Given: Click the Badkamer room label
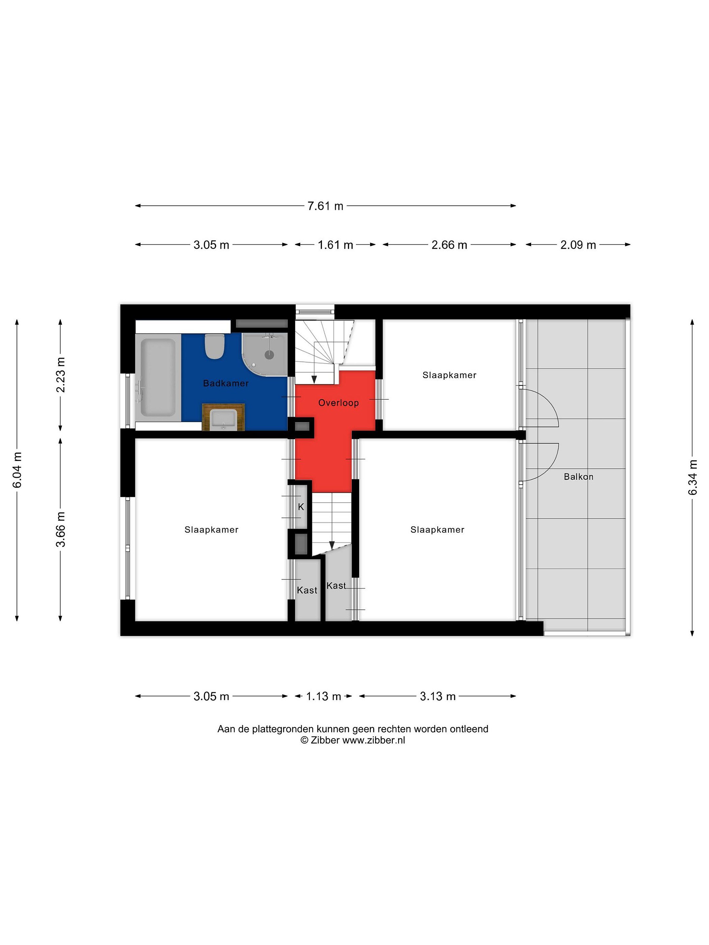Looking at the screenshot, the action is pyautogui.click(x=226, y=383).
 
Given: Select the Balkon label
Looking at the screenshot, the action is pyautogui.click(x=579, y=477).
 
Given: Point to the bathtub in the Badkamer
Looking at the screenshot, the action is pyautogui.click(x=158, y=377).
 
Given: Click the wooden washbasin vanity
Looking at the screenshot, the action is pyautogui.click(x=224, y=417).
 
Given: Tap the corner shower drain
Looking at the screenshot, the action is pyautogui.click(x=269, y=354).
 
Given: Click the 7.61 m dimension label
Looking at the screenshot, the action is pyautogui.click(x=325, y=206).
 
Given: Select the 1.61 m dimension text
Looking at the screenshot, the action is pyautogui.click(x=335, y=245).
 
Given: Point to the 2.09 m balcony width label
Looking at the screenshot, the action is pyautogui.click(x=578, y=245).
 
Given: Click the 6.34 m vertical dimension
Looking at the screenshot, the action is pyautogui.click(x=692, y=477).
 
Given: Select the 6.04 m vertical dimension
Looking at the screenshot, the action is pyautogui.click(x=17, y=470).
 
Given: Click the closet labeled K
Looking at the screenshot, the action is pyautogui.click(x=301, y=507).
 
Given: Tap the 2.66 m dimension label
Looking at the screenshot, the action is pyautogui.click(x=449, y=245).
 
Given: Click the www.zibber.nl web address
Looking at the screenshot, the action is pyautogui.click(x=374, y=740).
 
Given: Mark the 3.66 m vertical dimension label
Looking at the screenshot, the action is pyautogui.click(x=61, y=529).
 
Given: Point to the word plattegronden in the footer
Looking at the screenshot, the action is pyautogui.click(x=283, y=729).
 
